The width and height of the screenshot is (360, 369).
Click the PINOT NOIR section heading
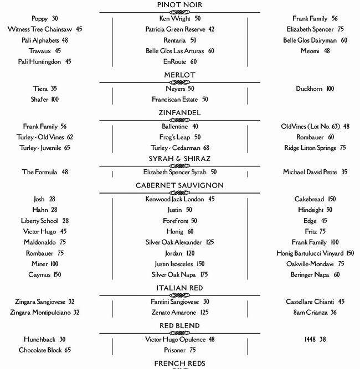(179, 6)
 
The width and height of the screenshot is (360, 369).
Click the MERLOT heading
(179, 75)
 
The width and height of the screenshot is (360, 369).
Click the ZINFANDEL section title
(179, 113)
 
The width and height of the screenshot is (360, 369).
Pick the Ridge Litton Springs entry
(312, 148)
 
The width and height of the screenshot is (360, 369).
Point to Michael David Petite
(313, 172)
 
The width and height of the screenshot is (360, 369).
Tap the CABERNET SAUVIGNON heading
(179, 185)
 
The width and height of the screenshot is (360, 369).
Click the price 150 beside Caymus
(58, 274)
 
